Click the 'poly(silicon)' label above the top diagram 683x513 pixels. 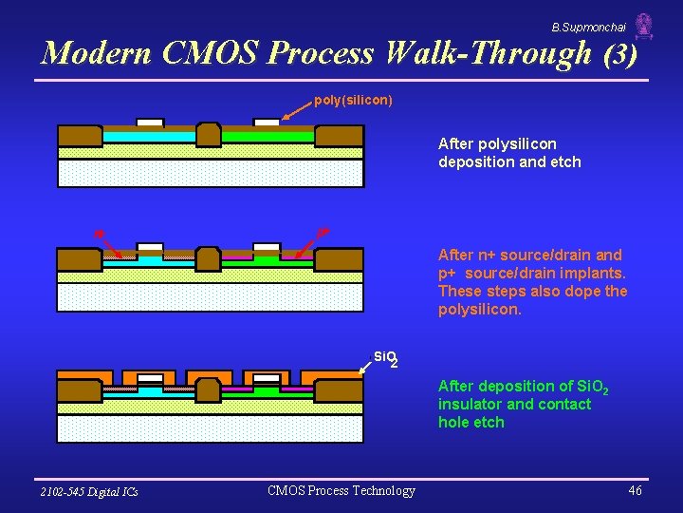pyautogui.click(x=353, y=100)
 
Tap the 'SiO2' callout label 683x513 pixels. pyautogui.click(x=385, y=358)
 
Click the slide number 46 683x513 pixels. pyautogui.click(x=635, y=490)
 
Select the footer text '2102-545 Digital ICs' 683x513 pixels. pyautogui.click(x=89, y=491)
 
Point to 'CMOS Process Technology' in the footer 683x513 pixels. pyautogui.click(x=341, y=490)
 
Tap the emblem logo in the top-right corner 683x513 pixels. pyautogui.click(x=644, y=27)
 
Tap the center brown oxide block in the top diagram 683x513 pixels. pyautogui.click(x=209, y=135)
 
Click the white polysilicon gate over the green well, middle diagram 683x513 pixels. pyautogui.click(x=267, y=248)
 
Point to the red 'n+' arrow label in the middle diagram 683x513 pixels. pyautogui.click(x=99, y=233)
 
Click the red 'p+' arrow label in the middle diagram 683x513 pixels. pyautogui.click(x=323, y=231)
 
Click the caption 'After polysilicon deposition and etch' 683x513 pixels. pyautogui.click(x=509, y=153)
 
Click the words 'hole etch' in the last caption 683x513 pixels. pyautogui.click(x=471, y=422)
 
